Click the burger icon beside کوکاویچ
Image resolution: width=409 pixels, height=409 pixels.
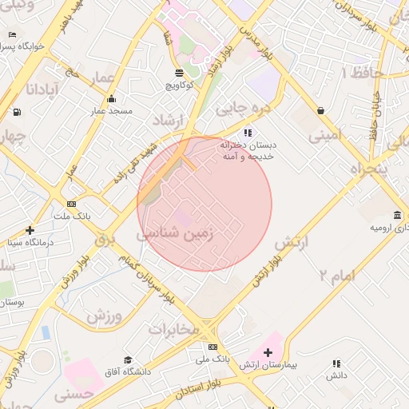[177, 73]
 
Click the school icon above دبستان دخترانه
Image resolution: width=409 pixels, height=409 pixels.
[248, 132]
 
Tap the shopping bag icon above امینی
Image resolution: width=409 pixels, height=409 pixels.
[320, 110]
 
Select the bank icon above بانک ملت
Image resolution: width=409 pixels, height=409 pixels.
[72, 204]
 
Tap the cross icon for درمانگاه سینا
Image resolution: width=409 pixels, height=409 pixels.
[30, 230]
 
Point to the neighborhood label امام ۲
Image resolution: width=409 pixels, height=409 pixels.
[336, 276]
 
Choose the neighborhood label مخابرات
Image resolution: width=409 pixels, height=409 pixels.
[173, 328]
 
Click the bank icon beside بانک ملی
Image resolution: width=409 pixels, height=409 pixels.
[212, 347]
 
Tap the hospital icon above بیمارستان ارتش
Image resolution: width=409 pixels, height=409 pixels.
[268, 352]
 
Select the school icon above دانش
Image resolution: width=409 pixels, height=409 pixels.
[336, 363]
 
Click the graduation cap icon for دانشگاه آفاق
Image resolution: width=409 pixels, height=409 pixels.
[128, 360]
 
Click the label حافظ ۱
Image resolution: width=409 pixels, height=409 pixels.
[363, 73]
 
